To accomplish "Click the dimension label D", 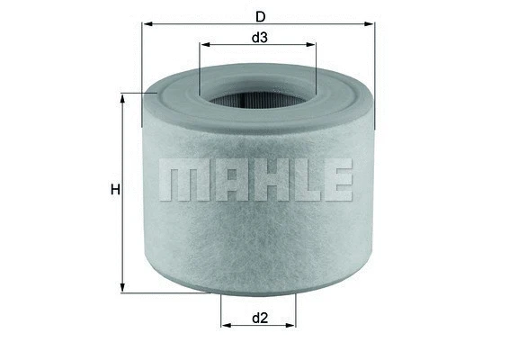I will click(260, 15).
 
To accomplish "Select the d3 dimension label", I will click(259, 38).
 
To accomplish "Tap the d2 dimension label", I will click(260, 318).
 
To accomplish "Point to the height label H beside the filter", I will click(115, 190).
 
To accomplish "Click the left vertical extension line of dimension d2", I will click(220, 310).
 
